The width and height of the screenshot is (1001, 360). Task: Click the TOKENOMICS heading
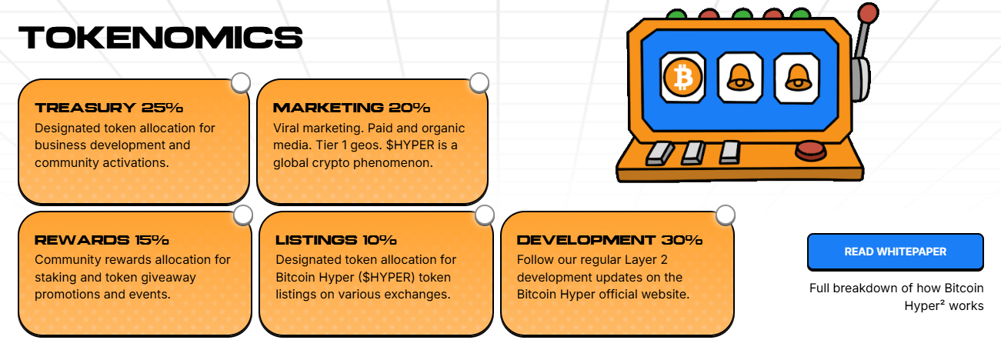click(161, 37)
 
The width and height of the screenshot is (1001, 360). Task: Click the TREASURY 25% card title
click(109, 108)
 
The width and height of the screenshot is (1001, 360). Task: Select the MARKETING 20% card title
click(352, 108)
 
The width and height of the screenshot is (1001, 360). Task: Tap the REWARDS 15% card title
click(102, 240)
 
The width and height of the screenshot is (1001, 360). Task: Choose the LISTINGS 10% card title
click(336, 240)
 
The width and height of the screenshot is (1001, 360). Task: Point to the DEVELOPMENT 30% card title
click(609, 240)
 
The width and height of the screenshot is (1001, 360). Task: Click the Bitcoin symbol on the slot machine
click(682, 77)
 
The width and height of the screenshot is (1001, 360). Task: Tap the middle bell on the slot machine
click(740, 77)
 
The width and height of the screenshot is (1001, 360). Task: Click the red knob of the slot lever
click(869, 13)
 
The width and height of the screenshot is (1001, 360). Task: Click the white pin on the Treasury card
click(241, 82)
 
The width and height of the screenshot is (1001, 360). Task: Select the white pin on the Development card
click(726, 215)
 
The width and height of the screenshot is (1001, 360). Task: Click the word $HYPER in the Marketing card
click(411, 145)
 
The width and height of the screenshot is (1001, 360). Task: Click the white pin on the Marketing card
click(479, 82)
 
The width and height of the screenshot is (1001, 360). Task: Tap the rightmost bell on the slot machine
click(798, 77)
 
